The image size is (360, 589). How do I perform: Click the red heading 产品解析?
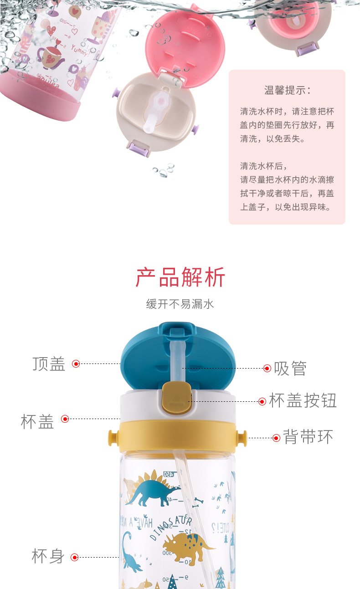pos(180,277)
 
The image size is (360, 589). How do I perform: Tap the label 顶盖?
pos(49,364)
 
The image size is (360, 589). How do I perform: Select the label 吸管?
pos(290,368)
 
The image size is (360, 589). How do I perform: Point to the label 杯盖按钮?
pos(303,401)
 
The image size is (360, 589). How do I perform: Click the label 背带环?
pos(308,437)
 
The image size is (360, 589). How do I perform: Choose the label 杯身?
pos(48,556)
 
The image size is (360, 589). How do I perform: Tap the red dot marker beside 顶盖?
pos(76,364)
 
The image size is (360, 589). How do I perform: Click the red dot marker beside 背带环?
pos(276,438)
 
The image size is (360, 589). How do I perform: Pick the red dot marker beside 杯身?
pos(75,557)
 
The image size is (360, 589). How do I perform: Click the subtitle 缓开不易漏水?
pos(180,304)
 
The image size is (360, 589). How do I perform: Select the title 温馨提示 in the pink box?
pos(287,90)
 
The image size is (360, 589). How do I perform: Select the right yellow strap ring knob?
pos(242,437)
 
